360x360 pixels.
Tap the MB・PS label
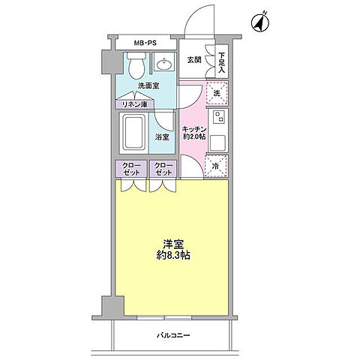coord(146,43)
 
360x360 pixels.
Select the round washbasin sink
coord(165,65)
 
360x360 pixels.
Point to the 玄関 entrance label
coord(194,59)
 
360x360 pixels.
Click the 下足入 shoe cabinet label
coord(222,61)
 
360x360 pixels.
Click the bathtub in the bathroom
coord(135,132)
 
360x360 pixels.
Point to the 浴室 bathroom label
coord(162,137)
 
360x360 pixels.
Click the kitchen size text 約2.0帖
coord(193,137)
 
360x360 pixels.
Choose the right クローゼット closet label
coord(162,169)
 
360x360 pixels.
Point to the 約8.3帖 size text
coord(173,256)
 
